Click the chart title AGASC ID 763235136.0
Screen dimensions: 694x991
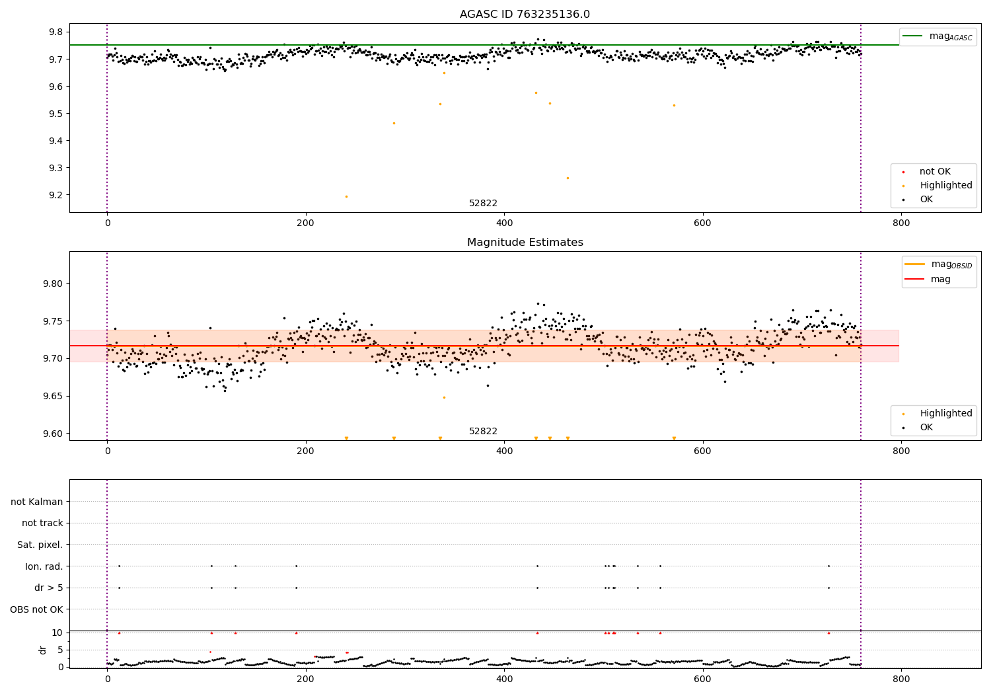pos(525,15)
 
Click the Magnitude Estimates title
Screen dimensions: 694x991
pos(525,243)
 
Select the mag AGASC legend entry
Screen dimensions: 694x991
pos(937,36)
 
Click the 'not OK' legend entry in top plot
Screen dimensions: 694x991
pos(934,172)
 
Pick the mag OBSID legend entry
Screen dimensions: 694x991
pos(938,264)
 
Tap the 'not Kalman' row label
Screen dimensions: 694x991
pos(37,502)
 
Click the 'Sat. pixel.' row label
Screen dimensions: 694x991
pos(40,545)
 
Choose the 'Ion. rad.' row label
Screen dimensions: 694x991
pos(44,566)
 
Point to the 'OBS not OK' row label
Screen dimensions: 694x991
pos(36,609)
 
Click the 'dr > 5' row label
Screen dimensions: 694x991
pos(48,588)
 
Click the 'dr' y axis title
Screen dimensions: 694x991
pos(43,650)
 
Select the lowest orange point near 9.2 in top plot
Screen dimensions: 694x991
pos(346,196)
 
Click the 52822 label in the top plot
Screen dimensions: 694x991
pos(483,204)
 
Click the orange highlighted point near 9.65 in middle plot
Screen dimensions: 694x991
pos(444,397)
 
